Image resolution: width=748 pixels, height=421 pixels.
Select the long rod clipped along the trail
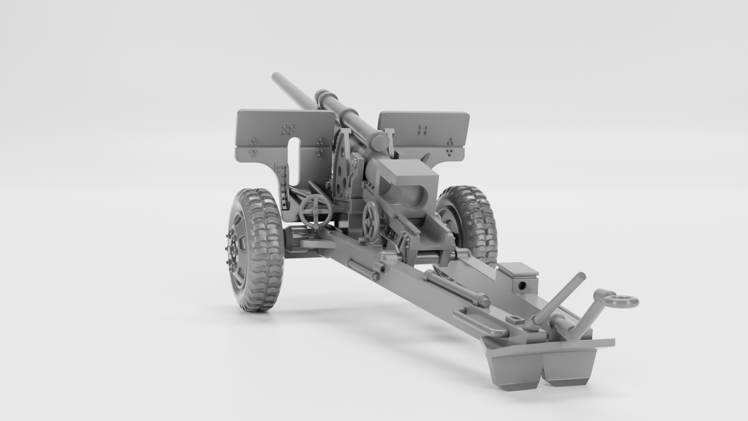pos(456,288)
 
